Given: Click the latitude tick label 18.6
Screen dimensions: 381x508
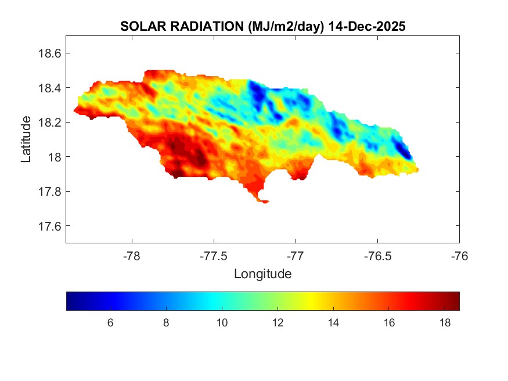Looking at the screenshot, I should [49, 53].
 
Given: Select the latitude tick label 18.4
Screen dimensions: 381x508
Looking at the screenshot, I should [49, 88].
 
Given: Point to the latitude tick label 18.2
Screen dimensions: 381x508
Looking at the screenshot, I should [49, 123].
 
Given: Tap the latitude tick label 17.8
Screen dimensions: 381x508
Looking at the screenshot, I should [49, 192].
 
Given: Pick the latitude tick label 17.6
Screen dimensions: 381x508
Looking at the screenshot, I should [49, 226].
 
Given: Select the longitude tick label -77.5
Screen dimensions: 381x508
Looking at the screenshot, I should [214, 255].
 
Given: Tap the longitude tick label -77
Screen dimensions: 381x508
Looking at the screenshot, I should [296, 255].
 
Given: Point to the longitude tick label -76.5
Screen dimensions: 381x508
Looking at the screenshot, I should [377, 255].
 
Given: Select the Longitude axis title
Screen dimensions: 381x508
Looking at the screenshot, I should [262, 274].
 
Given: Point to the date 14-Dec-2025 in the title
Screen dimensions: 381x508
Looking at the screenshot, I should [367, 27].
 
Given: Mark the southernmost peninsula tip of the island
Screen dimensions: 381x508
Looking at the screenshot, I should [265, 202].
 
